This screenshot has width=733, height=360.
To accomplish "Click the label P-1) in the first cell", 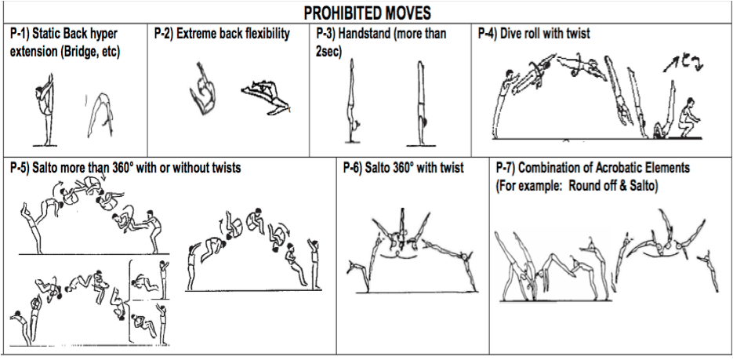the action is click(x=20, y=34).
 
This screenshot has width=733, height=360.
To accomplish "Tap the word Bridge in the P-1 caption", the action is click(x=76, y=52).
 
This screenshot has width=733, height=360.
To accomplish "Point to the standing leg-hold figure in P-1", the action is click(x=45, y=110).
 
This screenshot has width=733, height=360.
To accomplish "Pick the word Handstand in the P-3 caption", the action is click(x=381, y=34).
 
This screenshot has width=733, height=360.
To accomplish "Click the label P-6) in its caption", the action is click(x=353, y=168).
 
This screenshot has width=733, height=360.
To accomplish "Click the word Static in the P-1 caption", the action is click(x=45, y=34).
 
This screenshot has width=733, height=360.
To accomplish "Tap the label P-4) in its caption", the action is click(x=488, y=34).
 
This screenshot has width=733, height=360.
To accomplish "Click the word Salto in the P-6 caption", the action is click(x=379, y=168).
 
